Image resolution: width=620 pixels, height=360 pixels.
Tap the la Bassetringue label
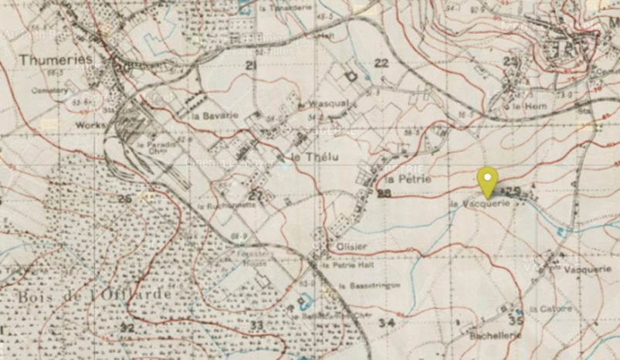pyautogui.click(x=354, y=285)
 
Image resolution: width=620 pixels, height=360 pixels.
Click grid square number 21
pyautogui.click(x=250, y=66)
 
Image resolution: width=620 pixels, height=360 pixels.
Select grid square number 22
pyautogui.click(x=381, y=63)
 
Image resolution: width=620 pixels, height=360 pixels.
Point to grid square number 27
pyautogui.click(x=256, y=195)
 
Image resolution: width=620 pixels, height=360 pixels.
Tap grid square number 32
pyautogui.click(x=127, y=328)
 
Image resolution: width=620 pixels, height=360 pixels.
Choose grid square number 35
pyautogui.click(x=516, y=320)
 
